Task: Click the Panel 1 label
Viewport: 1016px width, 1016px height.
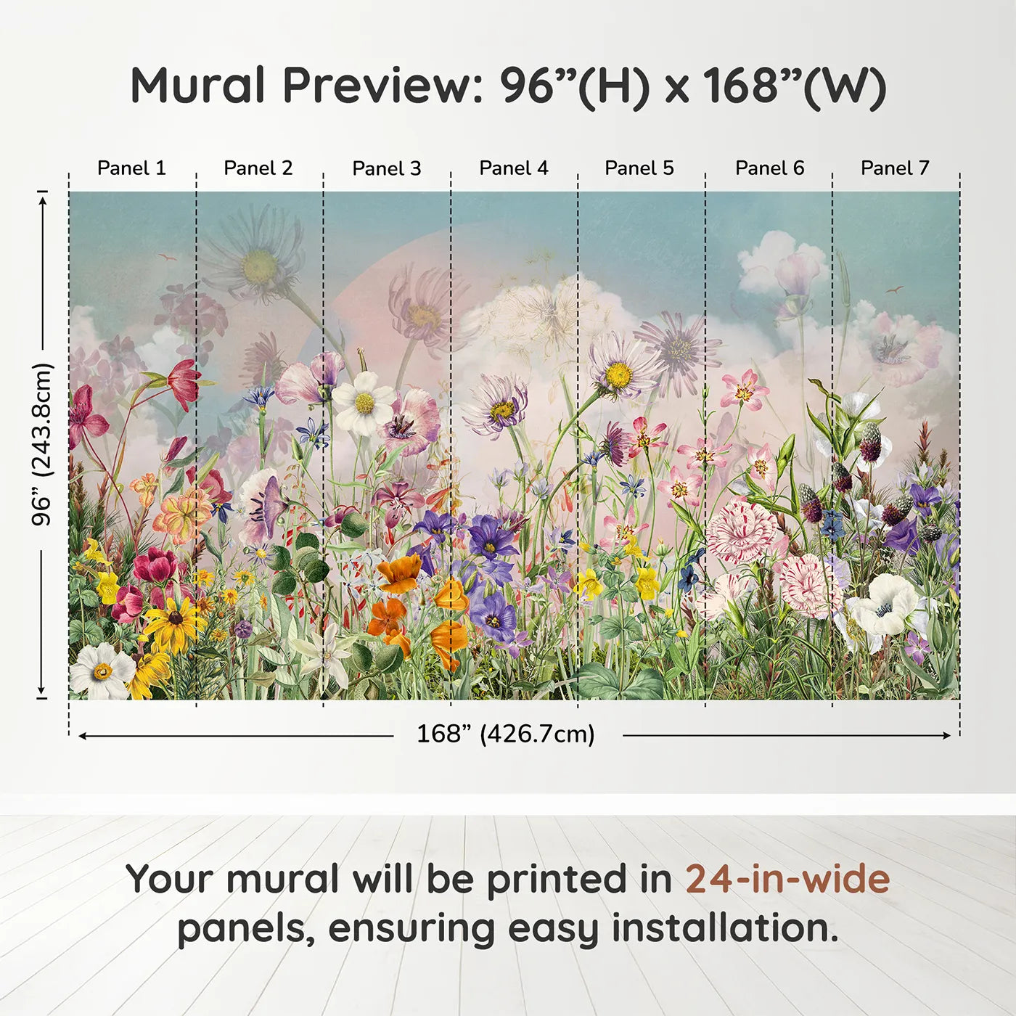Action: tap(131, 168)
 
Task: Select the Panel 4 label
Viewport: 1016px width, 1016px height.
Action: tap(514, 168)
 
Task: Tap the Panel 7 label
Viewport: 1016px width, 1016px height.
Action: tap(895, 168)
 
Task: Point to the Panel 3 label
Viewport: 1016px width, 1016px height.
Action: tap(387, 168)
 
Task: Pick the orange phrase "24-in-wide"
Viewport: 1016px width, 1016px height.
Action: tap(787, 879)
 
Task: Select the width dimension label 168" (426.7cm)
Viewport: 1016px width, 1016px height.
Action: tap(506, 734)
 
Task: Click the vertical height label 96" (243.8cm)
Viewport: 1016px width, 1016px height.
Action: tap(41, 444)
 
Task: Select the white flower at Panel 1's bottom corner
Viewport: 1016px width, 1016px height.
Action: tap(102, 671)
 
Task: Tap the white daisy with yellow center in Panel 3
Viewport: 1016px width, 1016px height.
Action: tap(364, 403)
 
